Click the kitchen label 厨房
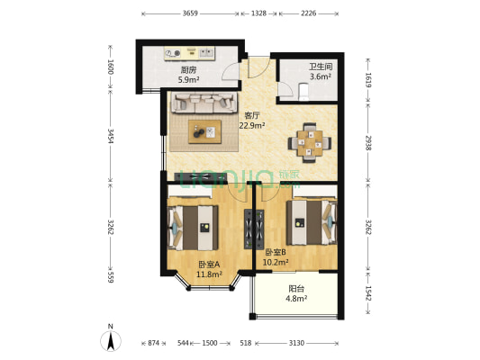pyautogui.click(x=188, y=70)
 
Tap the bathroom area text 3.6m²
pyautogui.click(x=321, y=76)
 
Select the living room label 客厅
pyautogui.click(x=252, y=115)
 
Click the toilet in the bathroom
pyautogui.click(x=303, y=91)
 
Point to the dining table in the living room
pyautogui.click(x=310, y=142)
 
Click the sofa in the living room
pyautogui.click(x=204, y=103)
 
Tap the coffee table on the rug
pyautogui.click(x=204, y=131)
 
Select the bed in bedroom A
pyautogui.click(x=193, y=228)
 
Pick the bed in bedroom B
pyautogui.click(x=312, y=222)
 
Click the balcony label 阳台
pyautogui.click(x=296, y=288)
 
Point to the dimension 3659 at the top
pyautogui.click(x=190, y=13)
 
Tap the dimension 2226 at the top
pyautogui.click(x=308, y=13)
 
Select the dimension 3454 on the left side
pyautogui.click(x=111, y=137)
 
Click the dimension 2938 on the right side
pyautogui.click(x=368, y=143)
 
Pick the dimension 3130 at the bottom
pyautogui.click(x=296, y=343)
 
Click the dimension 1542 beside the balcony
pyautogui.click(x=368, y=293)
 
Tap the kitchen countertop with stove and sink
pyautogui.click(x=190, y=53)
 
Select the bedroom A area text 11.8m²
pyautogui.click(x=209, y=274)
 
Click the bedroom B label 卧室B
pyautogui.click(x=276, y=252)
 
